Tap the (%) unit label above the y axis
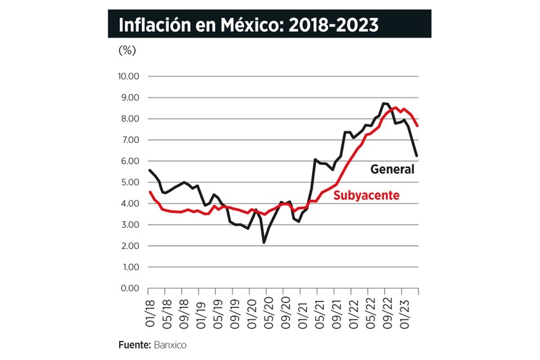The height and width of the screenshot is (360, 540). tap(127, 50)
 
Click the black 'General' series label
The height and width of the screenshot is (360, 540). tap(391, 169)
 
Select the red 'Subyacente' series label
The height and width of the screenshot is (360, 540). tap(366, 196)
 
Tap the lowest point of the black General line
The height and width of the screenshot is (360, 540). tap(264, 242)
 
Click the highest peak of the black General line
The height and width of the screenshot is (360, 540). tap(385, 103)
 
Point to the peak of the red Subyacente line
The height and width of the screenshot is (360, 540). tap(396, 107)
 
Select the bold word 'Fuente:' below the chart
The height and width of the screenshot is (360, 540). tap(134, 345)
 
